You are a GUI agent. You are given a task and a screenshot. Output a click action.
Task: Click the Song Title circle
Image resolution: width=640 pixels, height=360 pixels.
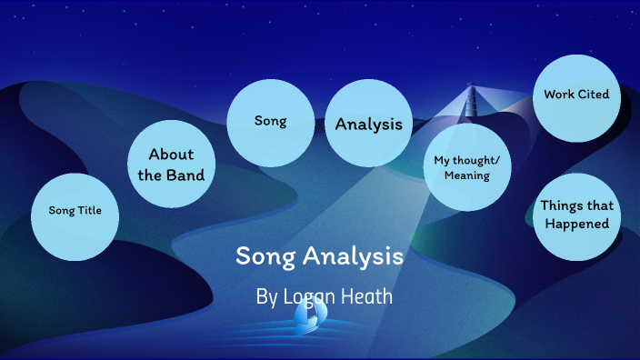(75, 216)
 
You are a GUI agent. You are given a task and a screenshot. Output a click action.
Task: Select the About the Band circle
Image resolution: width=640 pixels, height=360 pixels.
(172, 165)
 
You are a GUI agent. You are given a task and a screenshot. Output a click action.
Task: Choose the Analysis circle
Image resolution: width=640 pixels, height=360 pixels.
(368, 125)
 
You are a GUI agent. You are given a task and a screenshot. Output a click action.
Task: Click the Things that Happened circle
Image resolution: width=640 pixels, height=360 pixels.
(575, 216)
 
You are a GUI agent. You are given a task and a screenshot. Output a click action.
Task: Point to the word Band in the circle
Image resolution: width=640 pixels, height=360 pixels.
(189, 175)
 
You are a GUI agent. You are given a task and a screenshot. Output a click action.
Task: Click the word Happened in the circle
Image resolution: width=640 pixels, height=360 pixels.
(575, 224)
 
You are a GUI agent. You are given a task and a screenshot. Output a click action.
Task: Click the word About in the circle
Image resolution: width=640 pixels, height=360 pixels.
(172, 155)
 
